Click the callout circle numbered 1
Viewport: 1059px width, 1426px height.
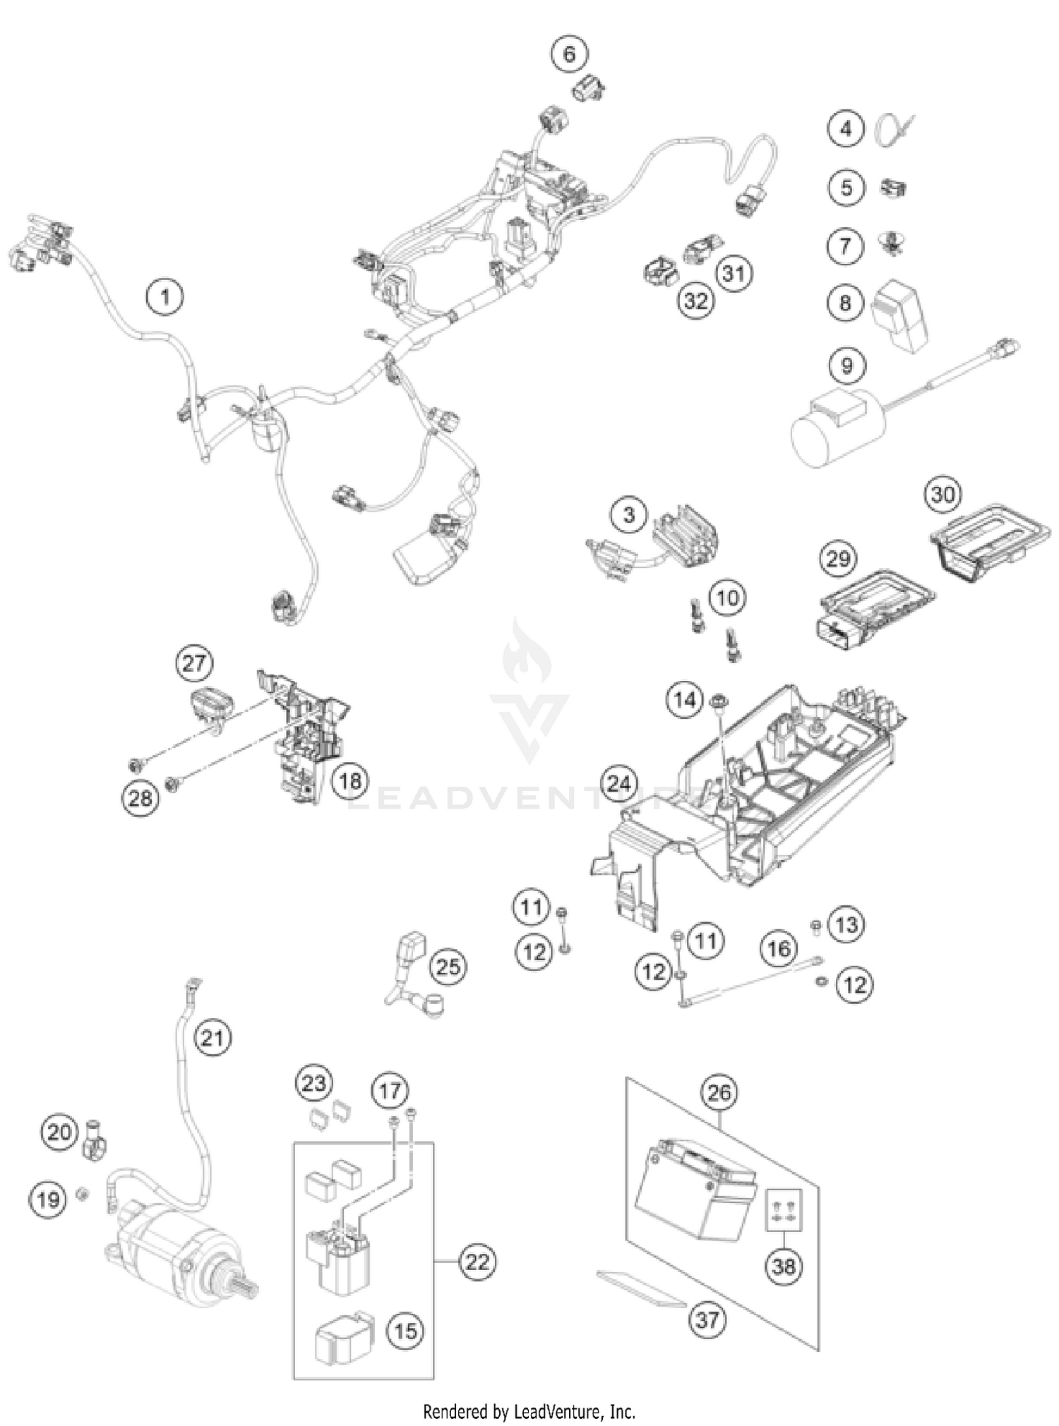[165, 296]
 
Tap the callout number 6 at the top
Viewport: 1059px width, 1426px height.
[569, 54]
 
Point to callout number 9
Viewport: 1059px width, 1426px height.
[846, 365]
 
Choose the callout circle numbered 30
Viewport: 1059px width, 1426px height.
[943, 495]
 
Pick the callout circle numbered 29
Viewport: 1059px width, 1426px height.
[838, 559]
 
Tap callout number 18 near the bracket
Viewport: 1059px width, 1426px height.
[350, 780]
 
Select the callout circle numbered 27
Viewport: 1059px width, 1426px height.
[194, 663]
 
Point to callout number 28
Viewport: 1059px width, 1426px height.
[140, 798]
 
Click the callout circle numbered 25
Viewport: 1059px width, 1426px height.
[448, 966]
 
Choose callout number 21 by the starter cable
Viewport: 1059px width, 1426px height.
[213, 1038]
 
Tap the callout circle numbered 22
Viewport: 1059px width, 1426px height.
[477, 1262]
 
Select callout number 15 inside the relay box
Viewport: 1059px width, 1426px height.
[405, 1331]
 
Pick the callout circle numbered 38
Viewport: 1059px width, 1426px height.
[784, 1267]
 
